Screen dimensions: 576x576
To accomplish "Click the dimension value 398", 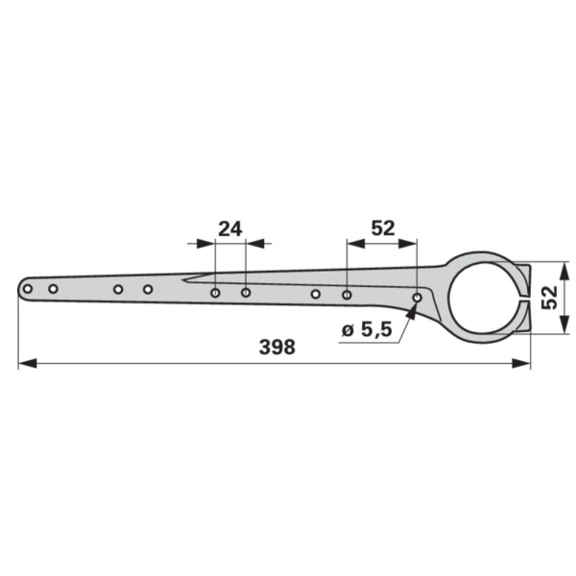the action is click(277, 348).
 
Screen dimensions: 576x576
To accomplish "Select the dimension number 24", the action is click(230, 229).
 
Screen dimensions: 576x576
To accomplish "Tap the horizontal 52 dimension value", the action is click(383, 228).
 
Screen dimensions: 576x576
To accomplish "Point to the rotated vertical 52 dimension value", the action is click(549, 298).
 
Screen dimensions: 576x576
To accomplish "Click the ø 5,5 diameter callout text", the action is click(367, 329).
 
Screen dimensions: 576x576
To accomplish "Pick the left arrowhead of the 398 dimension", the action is click(28, 364).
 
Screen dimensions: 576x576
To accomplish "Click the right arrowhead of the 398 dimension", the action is click(521, 364).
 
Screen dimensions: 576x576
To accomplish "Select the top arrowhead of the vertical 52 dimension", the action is click(564, 271).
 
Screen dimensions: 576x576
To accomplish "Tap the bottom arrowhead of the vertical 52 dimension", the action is click(564, 324).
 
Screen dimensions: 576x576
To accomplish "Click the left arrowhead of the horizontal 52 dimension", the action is click(356, 243).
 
